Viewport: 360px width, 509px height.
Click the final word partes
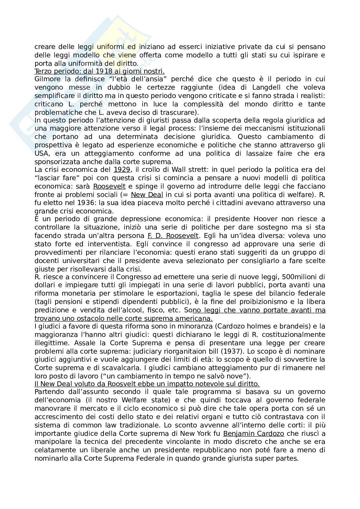click(x=287, y=458)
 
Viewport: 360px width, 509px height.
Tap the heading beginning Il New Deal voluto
click(x=147, y=384)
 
